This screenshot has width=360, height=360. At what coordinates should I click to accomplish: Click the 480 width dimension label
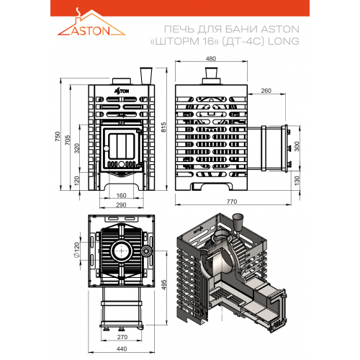[211, 59]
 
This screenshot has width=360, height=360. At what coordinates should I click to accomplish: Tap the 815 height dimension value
[163, 127]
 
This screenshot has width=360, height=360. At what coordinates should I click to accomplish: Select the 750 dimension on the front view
[58, 136]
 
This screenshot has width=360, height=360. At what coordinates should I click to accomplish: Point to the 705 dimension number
[68, 140]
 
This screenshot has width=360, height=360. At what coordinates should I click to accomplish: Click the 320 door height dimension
[77, 148]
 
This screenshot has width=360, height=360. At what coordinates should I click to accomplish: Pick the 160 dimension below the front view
[121, 196]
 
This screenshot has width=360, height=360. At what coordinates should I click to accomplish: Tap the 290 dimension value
[121, 205]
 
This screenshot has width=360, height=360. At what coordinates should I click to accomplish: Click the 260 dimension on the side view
[266, 91]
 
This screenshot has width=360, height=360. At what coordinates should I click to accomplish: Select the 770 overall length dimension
[232, 202]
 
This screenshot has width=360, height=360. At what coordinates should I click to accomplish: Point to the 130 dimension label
[297, 181]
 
